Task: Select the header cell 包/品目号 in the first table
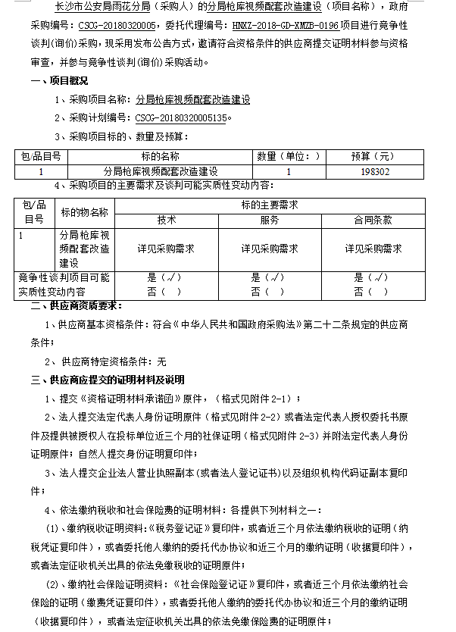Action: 41,157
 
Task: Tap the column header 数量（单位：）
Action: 289,157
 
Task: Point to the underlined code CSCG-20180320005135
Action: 180,118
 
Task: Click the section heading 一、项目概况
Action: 60,80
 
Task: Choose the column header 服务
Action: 269,220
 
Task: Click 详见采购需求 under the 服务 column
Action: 269,249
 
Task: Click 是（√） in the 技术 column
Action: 164,277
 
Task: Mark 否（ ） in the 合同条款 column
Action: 372,291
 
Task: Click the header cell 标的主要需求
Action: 269,205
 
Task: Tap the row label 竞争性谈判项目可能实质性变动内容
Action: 64,284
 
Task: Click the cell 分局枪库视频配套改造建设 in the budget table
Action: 160,172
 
